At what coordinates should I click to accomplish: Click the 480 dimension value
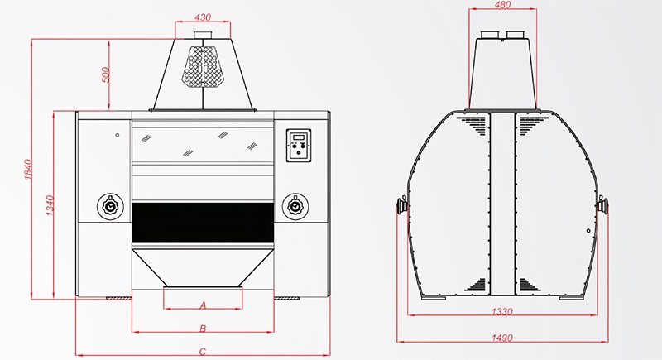click(501, 4)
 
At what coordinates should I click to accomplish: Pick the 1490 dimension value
click(501, 338)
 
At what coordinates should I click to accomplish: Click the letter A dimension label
click(203, 305)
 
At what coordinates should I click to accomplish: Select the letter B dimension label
click(203, 329)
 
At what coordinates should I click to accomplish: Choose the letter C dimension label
click(203, 352)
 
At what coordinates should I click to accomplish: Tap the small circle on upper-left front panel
click(118, 135)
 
